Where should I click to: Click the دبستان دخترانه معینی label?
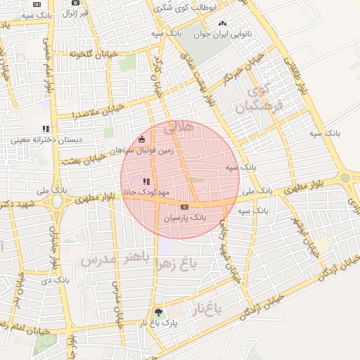tap(46, 139)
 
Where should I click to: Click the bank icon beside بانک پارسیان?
tap(184, 207)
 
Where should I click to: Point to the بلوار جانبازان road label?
tap(54, 239)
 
